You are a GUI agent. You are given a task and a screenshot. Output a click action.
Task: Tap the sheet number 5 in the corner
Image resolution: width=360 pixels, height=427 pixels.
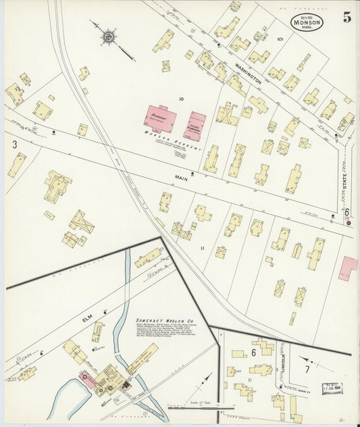[346, 18]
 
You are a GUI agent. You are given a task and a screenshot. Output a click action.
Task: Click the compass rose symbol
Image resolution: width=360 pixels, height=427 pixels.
[108, 36]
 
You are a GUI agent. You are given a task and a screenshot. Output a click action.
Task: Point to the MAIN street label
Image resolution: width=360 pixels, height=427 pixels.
[180, 178]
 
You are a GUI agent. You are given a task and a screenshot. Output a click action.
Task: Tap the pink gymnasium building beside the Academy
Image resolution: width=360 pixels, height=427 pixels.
[195, 126]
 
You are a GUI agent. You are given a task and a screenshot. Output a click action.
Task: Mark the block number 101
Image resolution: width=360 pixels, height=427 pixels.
[280, 39]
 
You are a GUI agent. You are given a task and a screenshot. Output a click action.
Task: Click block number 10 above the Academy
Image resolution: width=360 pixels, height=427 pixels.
[180, 99]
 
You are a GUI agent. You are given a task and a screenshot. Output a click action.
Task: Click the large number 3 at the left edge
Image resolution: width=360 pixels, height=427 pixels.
[13, 144]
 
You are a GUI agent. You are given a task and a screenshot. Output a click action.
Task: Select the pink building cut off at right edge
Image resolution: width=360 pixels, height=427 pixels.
[349, 268]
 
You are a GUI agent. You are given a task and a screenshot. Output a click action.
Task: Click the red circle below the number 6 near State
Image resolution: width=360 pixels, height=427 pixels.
[349, 222]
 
